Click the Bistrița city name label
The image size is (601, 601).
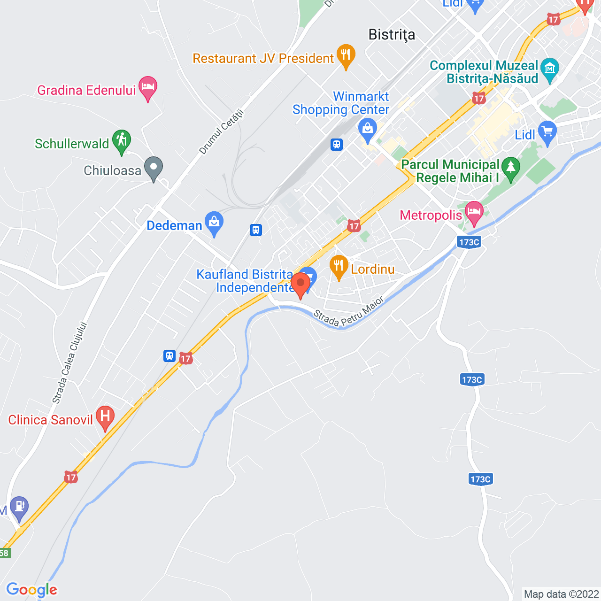click(x=392, y=35)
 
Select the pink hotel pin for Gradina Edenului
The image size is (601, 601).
click(x=148, y=88)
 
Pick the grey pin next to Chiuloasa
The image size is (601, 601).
click(x=153, y=168)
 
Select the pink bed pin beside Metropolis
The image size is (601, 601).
click(x=474, y=213)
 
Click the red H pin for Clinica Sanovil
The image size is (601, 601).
click(x=105, y=417)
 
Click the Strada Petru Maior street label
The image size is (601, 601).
click(x=348, y=312)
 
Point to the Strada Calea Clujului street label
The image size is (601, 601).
click(x=69, y=362)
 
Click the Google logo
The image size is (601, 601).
click(x=32, y=590)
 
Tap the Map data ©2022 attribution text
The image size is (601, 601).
click(x=561, y=594)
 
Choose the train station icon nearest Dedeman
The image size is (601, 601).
click(x=255, y=230)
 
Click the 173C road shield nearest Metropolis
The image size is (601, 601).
click(x=469, y=242)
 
